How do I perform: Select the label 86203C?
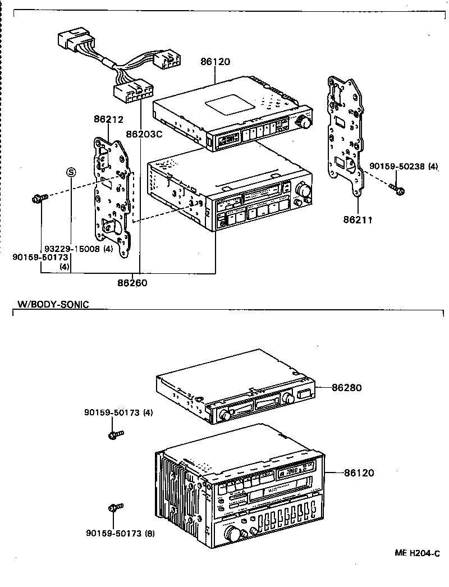tap(144, 134)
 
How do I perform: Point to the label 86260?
tap(132, 283)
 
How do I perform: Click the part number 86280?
tap(346, 388)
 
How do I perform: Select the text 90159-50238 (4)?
tap(404, 167)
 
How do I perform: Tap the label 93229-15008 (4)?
tap(79, 249)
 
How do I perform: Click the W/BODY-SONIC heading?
tap(53, 305)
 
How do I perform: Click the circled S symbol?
tap(71, 171)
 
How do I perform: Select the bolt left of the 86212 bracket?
tap(39, 198)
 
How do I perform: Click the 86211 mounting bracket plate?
tap(344, 135)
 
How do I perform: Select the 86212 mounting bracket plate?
tap(112, 196)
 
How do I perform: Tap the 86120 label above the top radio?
tap(215, 62)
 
